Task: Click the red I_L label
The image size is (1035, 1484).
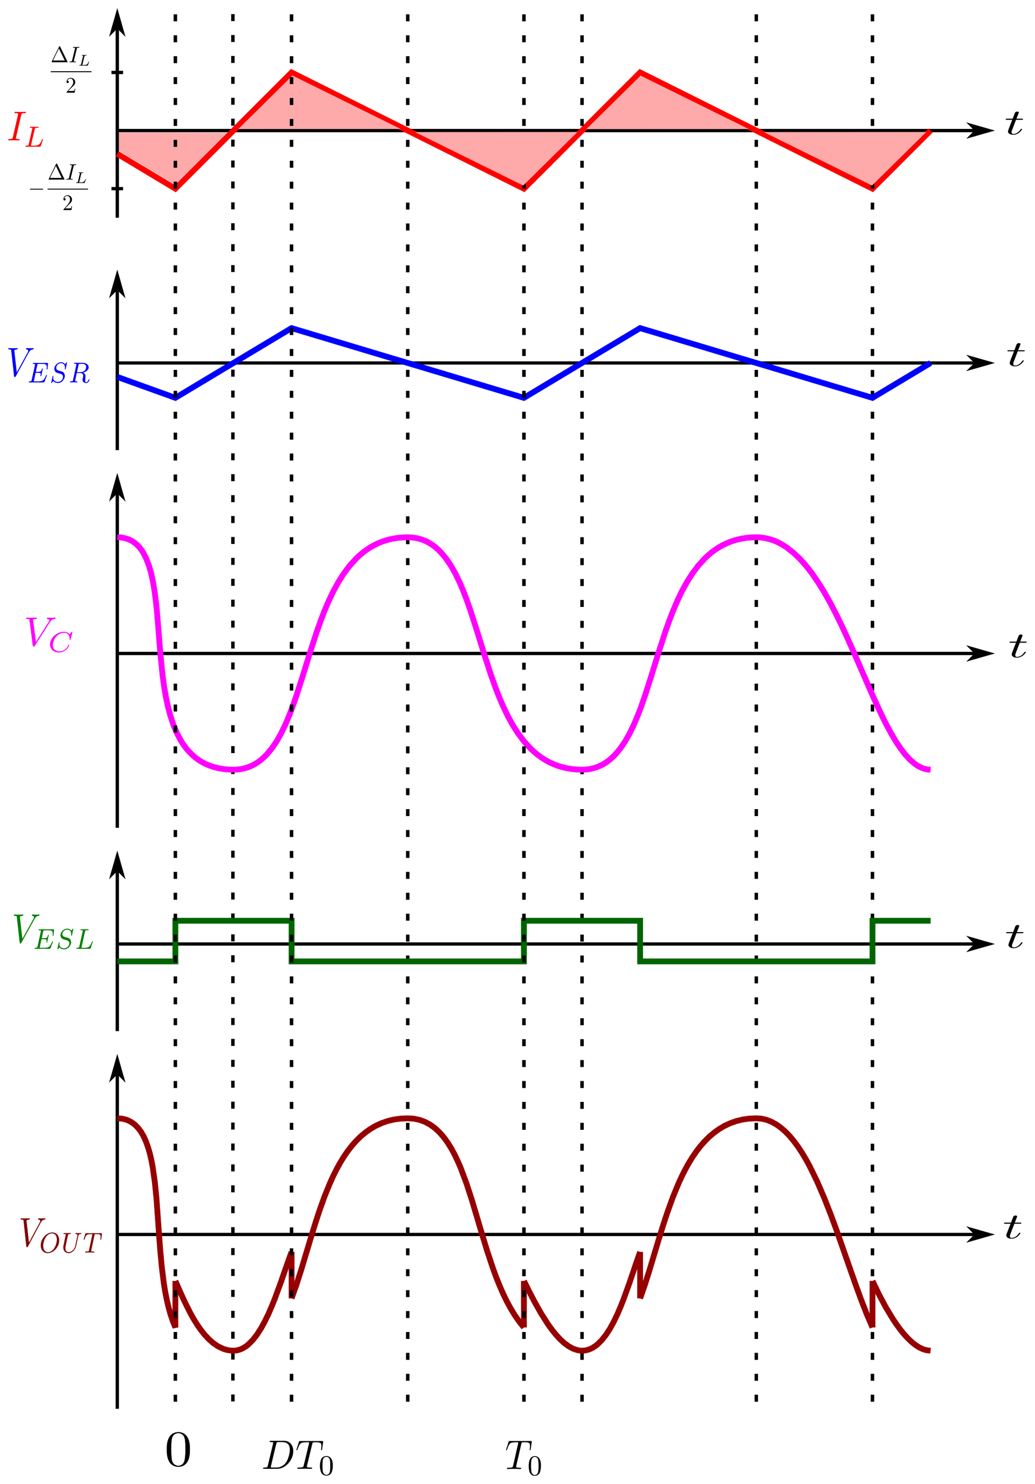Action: (x=26, y=129)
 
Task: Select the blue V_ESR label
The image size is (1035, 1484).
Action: (x=49, y=367)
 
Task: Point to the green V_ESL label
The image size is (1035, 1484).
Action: (x=53, y=932)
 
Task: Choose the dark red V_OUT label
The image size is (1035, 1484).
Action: (x=60, y=1236)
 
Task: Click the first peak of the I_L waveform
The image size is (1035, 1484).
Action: (x=291, y=70)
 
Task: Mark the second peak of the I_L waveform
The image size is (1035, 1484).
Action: (x=639, y=71)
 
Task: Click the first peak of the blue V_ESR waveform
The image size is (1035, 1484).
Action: (x=291, y=327)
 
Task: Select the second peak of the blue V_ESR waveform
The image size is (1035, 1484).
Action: (x=640, y=328)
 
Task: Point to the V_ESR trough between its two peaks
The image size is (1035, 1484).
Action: (x=525, y=398)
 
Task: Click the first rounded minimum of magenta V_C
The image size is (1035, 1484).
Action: (x=233, y=769)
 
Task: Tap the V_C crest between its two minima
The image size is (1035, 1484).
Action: (x=408, y=536)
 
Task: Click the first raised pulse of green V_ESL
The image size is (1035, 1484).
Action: (x=233, y=920)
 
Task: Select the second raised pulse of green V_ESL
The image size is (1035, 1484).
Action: (x=583, y=920)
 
